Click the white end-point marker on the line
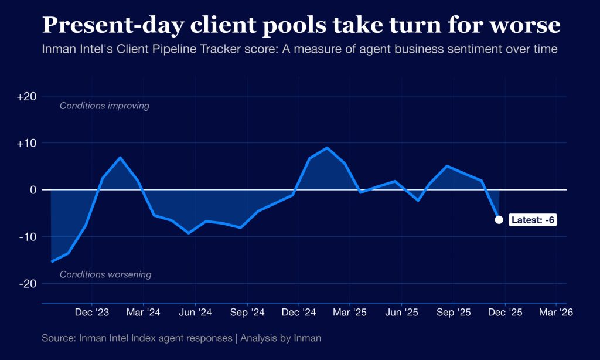(x=499, y=220)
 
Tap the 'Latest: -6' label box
(x=533, y=220)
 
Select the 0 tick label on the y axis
(x=33, y=190)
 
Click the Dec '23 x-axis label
(x=92, y=313)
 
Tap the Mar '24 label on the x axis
(x=144, y=313)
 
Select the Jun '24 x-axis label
(x=195, y=313)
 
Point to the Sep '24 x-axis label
(x=247, y=313)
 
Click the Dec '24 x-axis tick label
(x=299, y=313)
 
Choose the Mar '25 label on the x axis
(x=350, y=313)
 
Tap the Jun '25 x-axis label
(x=402, y=313)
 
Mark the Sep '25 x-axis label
(x=454, y=313)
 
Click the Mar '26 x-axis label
(x=556, y=313)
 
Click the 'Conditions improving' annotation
(x=104, y=106)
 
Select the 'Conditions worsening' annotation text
(x=105, y=274)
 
